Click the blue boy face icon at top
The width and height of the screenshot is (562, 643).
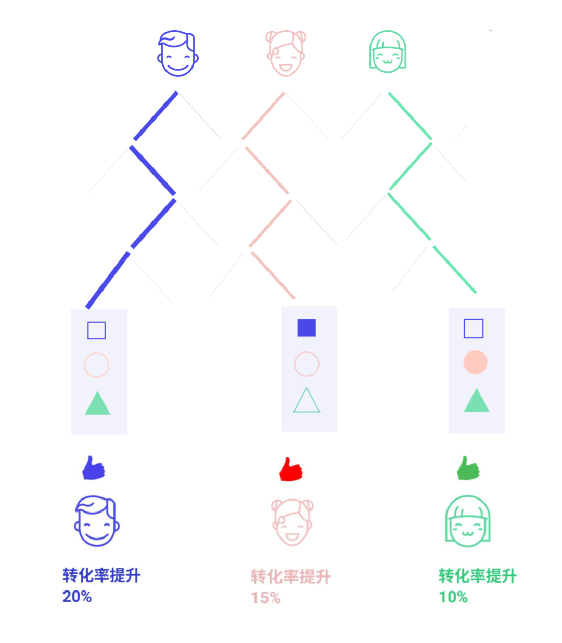177,53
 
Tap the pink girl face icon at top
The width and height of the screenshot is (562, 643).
286,53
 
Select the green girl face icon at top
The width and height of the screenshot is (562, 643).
387,51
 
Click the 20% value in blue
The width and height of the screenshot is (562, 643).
77,596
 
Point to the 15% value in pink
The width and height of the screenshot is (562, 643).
266,598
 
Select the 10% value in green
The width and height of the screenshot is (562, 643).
453,597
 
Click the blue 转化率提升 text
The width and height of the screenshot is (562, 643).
101,575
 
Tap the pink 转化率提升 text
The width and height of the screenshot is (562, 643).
291,576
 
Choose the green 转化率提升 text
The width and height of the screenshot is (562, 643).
478,576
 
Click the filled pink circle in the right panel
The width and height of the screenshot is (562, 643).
476,362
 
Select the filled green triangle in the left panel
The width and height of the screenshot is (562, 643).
97,404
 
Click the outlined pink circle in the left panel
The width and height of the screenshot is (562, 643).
97,365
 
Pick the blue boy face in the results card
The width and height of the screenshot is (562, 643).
97,521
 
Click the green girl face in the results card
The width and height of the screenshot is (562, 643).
467,521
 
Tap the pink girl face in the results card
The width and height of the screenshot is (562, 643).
291,522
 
